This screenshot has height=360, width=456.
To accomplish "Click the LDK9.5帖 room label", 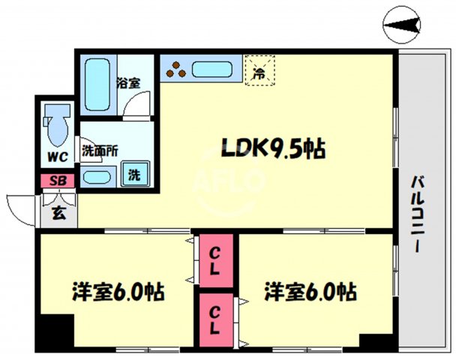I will pos(272,150).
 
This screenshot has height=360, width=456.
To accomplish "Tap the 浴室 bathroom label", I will pos(128,82).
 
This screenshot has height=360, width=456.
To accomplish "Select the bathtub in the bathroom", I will pos(97,84).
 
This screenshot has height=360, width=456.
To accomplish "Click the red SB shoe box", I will pos(57,181).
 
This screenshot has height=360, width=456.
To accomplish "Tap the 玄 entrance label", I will pos(58,212).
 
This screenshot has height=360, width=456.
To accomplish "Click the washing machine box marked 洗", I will pos(135,175).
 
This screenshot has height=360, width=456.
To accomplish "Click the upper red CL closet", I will pos(215,262).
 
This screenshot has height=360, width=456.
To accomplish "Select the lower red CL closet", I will pos(215,319).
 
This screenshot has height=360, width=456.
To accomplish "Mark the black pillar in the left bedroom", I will pos(56,331).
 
